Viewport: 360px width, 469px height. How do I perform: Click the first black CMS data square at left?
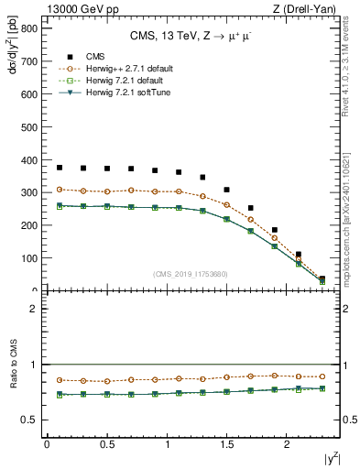click(60, 168)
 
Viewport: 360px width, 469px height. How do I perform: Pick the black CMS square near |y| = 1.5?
click(227, 190)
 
